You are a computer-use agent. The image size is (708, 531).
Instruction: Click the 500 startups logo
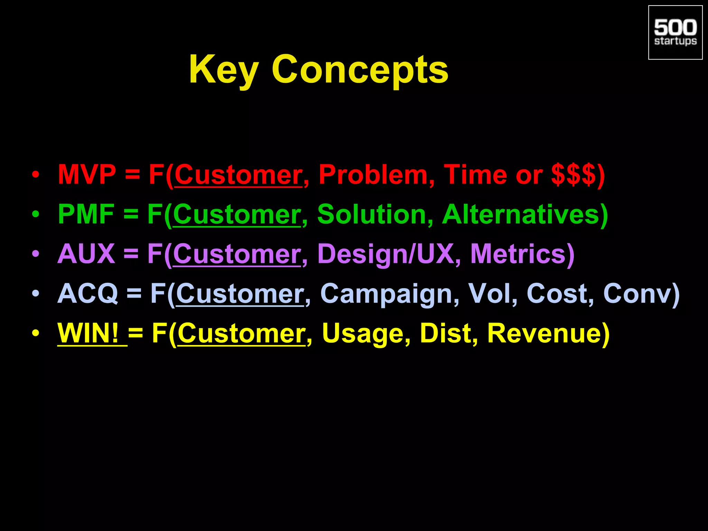coord(675,32)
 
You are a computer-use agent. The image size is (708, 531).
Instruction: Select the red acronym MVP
coord(87,175)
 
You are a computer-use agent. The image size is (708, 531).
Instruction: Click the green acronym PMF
coord(86,214)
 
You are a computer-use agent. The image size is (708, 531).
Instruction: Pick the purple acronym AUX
coord(86,254)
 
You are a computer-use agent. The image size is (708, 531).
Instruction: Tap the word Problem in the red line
coord(373,175)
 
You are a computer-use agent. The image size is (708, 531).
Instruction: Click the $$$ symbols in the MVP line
coord(573,175)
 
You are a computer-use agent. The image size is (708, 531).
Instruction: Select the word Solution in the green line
coord(372,214)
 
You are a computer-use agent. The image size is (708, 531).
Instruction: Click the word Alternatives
coord(520,214)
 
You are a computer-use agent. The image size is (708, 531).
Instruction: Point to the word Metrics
coord(518,254)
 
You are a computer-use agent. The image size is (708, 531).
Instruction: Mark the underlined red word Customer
coord(238,175)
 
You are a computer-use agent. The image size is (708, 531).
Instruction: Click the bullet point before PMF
coord(36,215)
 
